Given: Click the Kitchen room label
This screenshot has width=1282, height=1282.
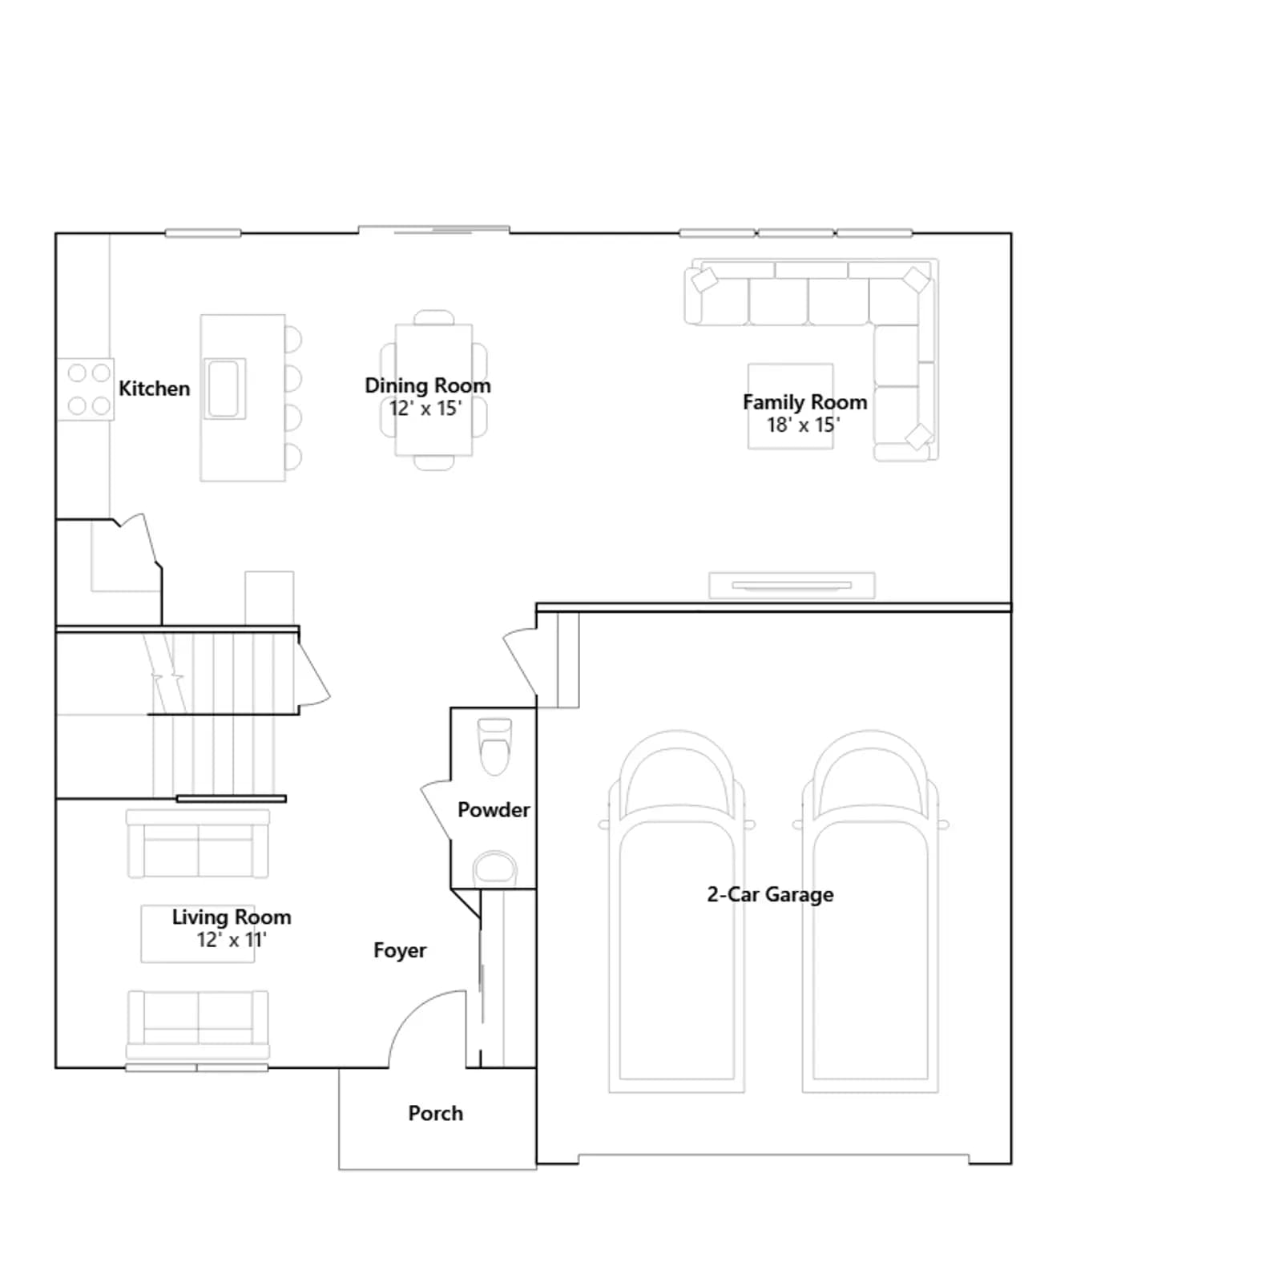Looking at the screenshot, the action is tap(155, 389).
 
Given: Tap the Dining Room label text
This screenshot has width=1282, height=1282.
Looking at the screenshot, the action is tap(428, 385).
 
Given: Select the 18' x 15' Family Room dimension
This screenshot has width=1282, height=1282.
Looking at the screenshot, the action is tap(804, 425).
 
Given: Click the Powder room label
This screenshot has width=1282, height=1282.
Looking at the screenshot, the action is tap(494, 810).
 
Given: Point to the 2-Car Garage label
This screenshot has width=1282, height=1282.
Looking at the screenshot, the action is tap(770, 894).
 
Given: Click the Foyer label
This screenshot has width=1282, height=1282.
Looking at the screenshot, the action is tap(400, 950).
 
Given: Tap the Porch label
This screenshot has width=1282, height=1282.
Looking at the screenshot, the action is tap(436, 1113).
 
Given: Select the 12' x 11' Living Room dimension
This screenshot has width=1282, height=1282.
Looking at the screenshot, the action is tap(232, 939).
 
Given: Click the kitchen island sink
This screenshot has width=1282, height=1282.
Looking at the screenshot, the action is tap(224, 389).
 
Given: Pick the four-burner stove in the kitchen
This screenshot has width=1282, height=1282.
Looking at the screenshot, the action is tap(87, 389).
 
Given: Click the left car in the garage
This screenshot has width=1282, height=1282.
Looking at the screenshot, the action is tap(677, 911).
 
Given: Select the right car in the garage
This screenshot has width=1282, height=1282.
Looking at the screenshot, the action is tap(871, 911).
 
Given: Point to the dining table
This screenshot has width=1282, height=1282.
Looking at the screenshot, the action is tap(433, 389).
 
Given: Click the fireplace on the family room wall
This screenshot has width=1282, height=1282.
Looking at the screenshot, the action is tap(792, 586).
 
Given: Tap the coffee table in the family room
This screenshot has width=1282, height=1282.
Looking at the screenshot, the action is tap(791, 406).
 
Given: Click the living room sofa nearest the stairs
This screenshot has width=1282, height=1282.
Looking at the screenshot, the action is tap(198, 843).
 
